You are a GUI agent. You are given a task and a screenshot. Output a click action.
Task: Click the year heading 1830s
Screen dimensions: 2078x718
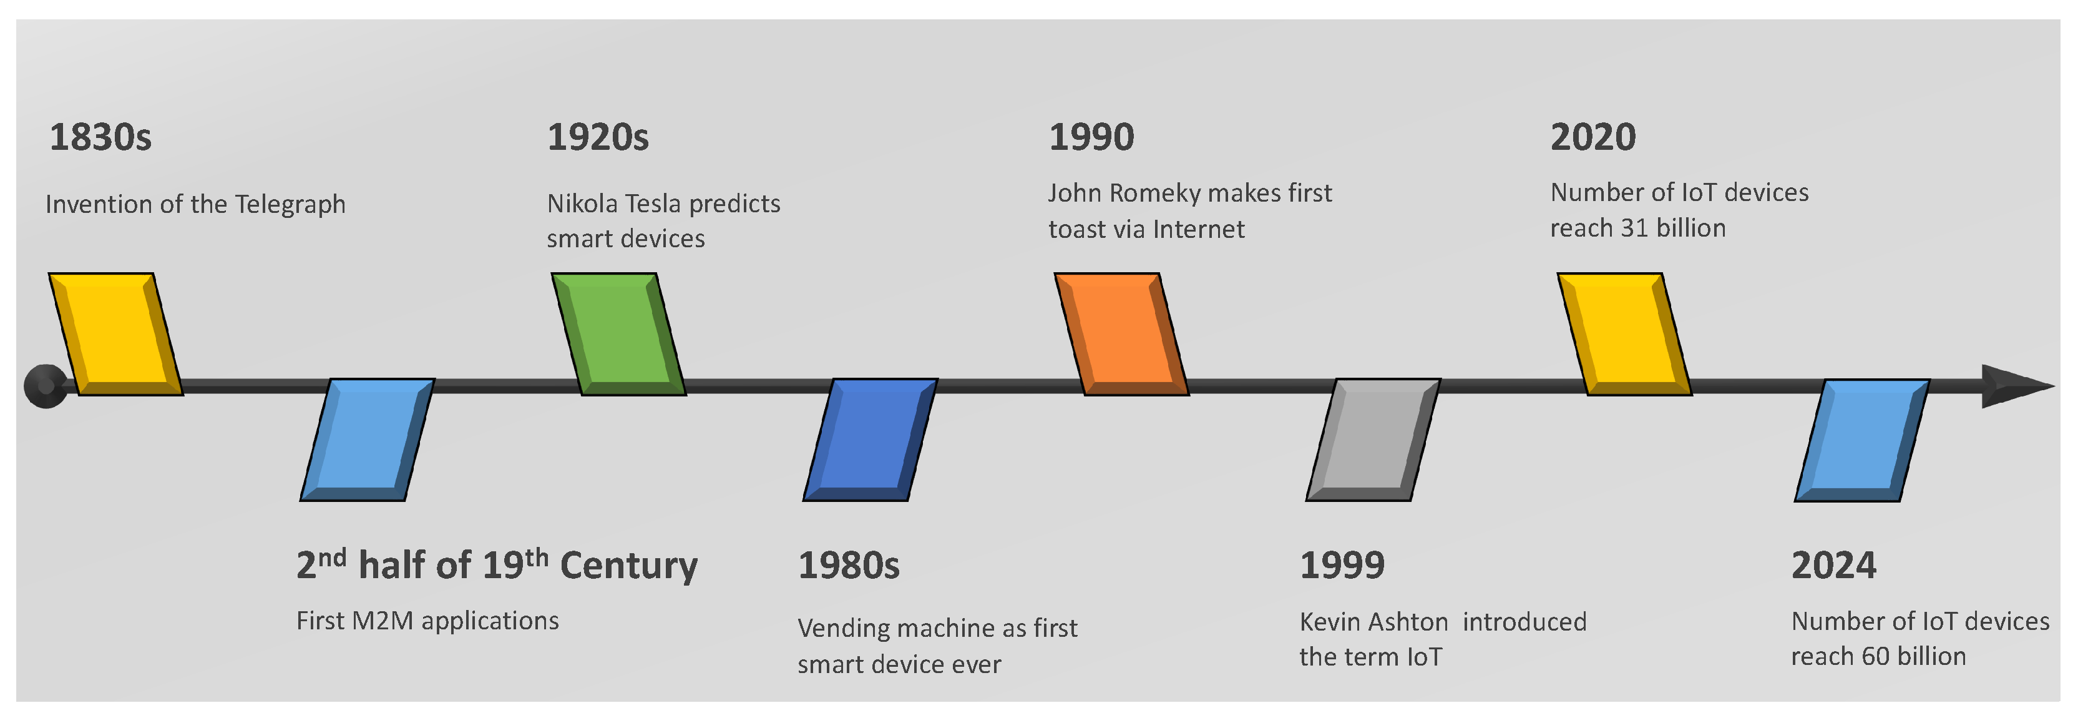100,137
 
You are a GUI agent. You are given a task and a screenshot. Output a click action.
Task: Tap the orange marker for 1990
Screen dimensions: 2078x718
1121,334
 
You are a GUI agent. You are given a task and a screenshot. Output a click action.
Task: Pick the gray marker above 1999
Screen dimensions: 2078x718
1373,440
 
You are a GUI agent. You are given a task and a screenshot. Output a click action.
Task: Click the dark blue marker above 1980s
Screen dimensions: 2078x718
871,440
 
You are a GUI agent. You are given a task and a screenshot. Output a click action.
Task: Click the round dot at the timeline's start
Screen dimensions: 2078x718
45,386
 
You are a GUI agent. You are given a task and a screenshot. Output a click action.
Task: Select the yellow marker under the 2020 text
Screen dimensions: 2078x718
1624,334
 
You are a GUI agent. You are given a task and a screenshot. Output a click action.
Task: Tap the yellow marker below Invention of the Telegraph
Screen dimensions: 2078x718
116,334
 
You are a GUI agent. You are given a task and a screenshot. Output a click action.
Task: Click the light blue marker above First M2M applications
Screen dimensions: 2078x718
368,440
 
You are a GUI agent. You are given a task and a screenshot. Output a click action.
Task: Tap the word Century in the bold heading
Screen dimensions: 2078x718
628,566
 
